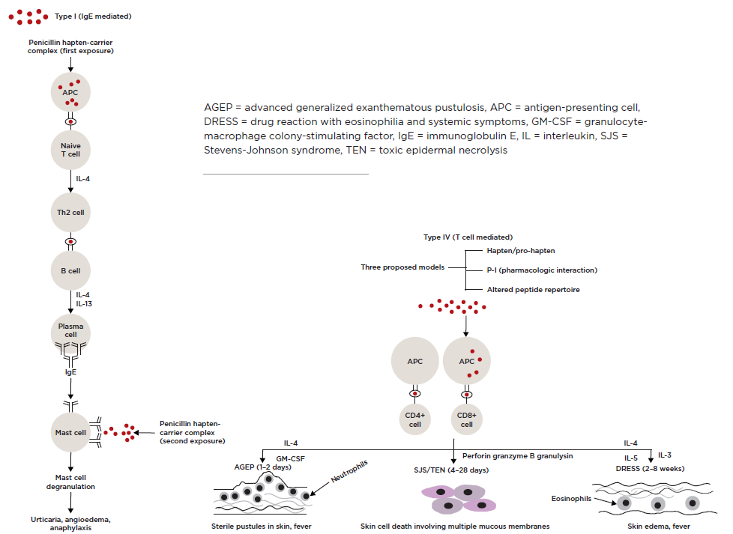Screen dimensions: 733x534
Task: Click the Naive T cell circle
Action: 70,150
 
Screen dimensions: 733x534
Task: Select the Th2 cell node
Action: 70,213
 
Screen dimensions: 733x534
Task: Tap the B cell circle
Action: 70,271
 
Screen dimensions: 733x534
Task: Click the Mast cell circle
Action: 70,433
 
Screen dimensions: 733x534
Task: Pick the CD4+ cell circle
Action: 415,419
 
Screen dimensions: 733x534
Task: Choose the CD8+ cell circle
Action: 466,419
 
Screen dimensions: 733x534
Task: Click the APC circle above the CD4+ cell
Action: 415,361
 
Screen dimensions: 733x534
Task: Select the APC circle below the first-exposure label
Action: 70,92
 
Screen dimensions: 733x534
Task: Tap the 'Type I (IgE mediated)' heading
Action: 93,16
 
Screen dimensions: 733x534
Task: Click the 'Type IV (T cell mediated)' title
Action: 468,237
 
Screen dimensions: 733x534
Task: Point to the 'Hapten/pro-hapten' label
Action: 521,251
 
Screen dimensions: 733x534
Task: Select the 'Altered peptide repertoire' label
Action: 534,290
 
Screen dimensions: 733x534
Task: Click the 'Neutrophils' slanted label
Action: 349,471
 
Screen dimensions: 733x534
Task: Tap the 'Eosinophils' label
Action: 571,499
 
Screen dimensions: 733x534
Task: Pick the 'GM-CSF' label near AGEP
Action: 290,459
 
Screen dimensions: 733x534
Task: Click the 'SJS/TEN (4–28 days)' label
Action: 451,470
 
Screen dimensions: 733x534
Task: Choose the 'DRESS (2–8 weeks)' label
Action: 650,469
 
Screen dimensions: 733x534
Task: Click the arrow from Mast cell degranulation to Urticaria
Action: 70,503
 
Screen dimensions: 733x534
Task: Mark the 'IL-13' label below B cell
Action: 84,303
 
